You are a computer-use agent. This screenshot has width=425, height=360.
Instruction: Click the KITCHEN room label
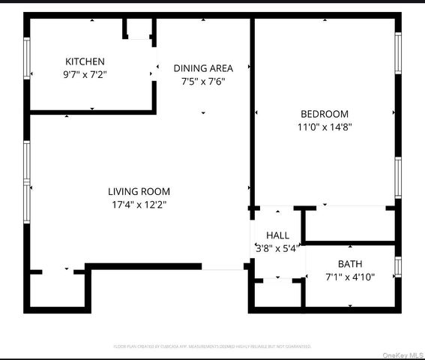(x=85, y=61)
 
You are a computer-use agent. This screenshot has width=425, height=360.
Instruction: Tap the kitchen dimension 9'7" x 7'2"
(x=85, y=74)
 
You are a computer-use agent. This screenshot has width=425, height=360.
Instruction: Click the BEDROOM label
(x=325, y=114)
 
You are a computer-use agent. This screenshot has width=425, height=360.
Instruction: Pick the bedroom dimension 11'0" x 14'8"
(x=325, y=127)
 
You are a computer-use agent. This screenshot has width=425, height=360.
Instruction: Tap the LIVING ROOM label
(x=139, y=191)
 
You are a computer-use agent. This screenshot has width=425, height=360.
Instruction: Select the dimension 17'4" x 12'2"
(x=139, y=204)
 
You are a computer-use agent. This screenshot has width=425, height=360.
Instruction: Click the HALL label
(x=277, y=235)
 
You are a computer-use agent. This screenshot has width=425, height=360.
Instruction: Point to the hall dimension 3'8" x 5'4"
(x=277, y=247)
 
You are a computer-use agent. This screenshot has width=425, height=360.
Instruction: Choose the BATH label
(x=349, y=264)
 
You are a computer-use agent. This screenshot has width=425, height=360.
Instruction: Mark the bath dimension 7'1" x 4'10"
(x=349, y=277)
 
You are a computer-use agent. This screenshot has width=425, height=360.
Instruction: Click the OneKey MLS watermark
(x=403, y=354)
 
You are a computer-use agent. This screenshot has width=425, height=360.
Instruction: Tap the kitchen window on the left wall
(x=28, y=58)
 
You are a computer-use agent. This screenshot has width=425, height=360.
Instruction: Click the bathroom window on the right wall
(x=398, y=266)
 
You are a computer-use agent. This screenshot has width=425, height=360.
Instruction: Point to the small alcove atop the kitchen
(x=139, y=28)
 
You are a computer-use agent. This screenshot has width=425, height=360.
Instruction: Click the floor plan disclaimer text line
(x=212, y=346)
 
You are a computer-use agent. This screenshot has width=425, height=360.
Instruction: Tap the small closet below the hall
(x=277, y=293)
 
